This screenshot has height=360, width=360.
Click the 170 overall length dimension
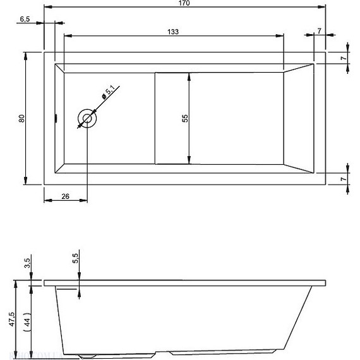(x=184, y=4)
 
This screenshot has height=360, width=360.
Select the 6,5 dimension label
(x=26, y=20)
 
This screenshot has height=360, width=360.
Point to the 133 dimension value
(x=172, y=32)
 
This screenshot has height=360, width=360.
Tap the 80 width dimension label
(x=21, y=118)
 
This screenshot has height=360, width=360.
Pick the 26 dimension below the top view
(x=65, y=196)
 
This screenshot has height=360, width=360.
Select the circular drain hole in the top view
(x=87, y=118)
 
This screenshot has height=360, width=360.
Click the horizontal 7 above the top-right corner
(x=320, y=31)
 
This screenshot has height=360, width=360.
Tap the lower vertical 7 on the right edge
(x=343, y=179)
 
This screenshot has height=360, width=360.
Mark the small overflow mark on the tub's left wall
(x=56, y=117)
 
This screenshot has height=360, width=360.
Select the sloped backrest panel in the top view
(x=299, y=118)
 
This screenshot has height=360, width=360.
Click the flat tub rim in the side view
(x=189, y=281)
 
